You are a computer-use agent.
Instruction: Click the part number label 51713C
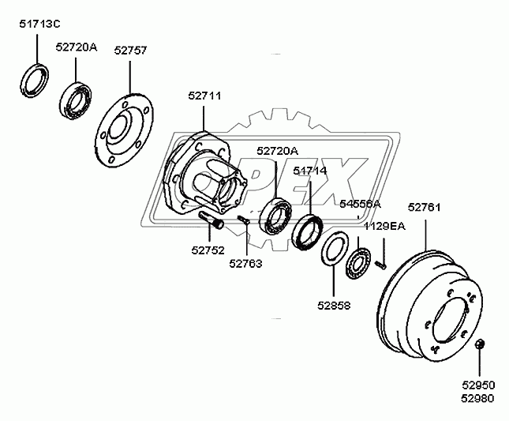(40, 24)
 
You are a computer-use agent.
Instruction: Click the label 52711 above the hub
(204, 96)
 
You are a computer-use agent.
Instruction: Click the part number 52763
(246, 265)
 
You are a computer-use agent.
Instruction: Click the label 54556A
(360, 204)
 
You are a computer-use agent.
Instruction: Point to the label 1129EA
(384, 226)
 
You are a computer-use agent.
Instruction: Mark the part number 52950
(479, 383)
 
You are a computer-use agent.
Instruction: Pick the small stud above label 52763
(244, 222)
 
